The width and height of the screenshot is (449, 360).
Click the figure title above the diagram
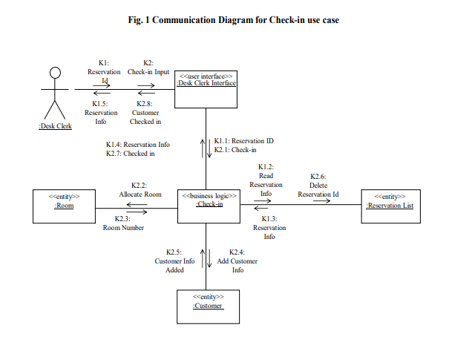pos(233,20)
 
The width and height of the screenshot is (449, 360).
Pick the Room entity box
pos(64,206)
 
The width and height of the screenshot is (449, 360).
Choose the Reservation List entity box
pos(389,206)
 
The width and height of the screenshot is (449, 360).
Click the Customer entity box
pos(207,306)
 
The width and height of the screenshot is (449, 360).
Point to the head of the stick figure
pos(53,73)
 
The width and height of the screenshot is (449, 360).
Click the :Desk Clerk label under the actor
pos(54,127)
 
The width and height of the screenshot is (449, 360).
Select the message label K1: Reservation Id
pos(104,72)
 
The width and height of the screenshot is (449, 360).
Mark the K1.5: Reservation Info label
pos(101,112)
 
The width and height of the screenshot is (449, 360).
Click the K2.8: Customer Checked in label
pos(145,112)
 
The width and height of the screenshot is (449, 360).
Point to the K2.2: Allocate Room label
pos(141,189)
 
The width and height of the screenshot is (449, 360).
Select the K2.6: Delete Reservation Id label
pos(318,186)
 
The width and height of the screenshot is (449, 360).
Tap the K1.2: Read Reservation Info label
pos(266,180)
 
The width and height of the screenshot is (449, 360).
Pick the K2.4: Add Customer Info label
pos(237,261)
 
